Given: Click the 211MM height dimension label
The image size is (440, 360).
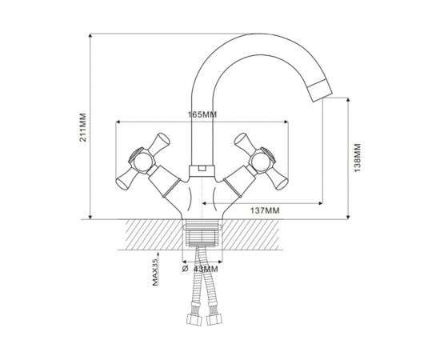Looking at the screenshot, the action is click(x=82, y=127).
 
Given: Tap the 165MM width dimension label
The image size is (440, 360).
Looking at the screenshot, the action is click(x=202, y=114).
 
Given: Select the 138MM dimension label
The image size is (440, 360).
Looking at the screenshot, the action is click(x=358, y=158).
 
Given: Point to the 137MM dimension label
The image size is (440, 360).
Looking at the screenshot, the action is click(x=265, y=210).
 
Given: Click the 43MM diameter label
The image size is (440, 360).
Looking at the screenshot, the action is click(x=206, y=269).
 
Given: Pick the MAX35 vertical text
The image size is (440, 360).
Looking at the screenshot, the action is click(x=155, y=273).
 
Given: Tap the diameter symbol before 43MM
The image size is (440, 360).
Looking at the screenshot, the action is click(x=185, y=269).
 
